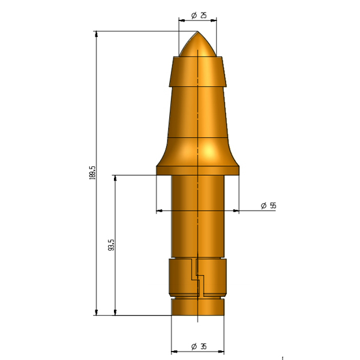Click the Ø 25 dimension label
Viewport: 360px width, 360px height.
pos(199,16)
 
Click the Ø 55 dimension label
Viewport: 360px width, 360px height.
pos(268,205)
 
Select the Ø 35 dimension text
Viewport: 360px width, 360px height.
pos(199,346)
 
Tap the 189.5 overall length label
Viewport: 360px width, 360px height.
pos(92,172)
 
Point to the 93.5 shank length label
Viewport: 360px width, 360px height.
pos(111,245)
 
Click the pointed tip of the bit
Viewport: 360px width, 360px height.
pos(197,31)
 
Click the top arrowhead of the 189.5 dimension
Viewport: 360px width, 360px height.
pos(97,34)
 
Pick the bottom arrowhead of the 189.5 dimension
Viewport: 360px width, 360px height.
pos(97,312)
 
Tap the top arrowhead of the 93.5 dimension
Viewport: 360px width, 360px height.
pos(115,178)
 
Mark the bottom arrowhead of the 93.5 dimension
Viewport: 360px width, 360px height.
pos(115,312)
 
